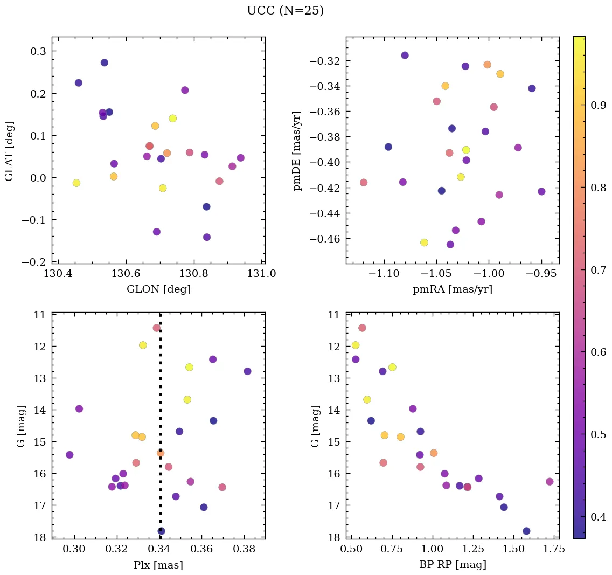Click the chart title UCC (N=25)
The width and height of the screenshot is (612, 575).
[x=285, y=11]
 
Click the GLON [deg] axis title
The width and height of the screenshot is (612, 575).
[x=158, y=289]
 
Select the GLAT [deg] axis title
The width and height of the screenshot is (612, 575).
[x=9, y=150]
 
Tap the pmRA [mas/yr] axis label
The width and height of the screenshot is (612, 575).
[x=452, y=289]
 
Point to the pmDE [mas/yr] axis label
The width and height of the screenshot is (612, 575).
[x=297, y=150]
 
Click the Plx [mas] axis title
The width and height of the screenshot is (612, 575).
[x=158, y=565]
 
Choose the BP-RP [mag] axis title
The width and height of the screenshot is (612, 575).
[x=452, y=565]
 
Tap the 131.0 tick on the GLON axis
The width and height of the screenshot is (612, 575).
[x=262, y=274]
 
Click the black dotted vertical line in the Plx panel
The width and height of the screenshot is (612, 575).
[x=161, y=388]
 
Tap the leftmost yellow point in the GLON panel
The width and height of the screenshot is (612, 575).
[x=76, y=183]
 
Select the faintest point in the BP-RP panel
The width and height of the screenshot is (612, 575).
[x=526, y=531]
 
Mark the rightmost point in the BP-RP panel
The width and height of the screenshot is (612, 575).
[x=550, y=481]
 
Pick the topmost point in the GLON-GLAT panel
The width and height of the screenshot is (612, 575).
[x=105, y=63]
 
